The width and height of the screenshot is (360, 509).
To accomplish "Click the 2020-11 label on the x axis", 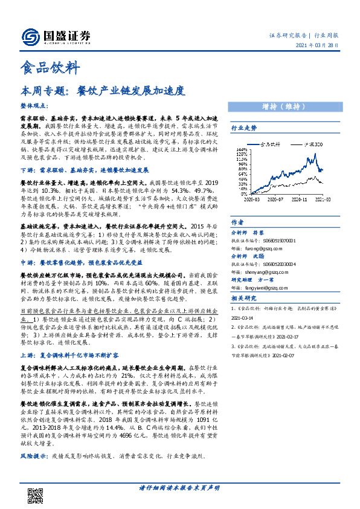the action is (300, 198).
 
